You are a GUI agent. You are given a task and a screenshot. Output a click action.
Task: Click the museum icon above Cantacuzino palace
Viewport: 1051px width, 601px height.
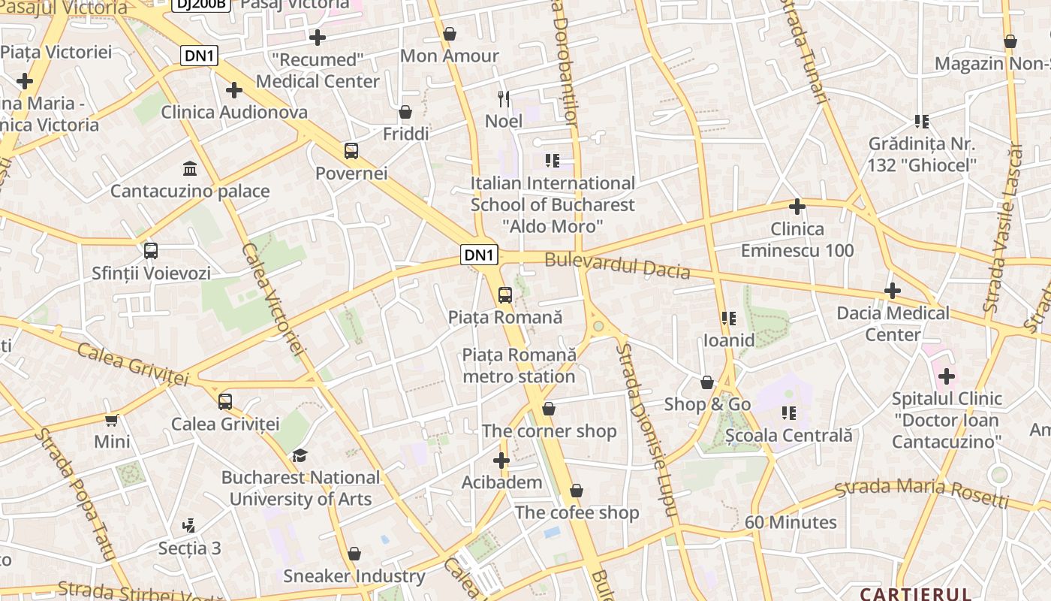click(190, 168)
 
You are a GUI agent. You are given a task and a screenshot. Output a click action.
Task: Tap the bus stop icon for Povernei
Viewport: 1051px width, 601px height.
click(351, 150)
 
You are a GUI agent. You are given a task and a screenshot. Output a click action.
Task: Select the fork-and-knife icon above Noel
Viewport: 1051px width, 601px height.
click(504, 98)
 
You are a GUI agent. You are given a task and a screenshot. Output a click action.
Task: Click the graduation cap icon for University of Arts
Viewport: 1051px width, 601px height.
click(300, 455)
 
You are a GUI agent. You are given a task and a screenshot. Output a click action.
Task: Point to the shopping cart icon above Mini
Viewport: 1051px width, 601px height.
click(112, 420)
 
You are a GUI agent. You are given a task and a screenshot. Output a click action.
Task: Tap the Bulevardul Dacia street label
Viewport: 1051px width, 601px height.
click(617, 265)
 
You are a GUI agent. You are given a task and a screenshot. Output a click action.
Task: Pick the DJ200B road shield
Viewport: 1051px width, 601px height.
click(200, 4)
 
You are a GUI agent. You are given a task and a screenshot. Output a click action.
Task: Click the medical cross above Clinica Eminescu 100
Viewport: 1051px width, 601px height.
click(797, 207)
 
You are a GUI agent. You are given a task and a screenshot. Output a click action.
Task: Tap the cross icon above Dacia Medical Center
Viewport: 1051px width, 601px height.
click(893, 291)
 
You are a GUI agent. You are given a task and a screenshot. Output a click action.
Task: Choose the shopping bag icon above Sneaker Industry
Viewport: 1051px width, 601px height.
click(354, 554)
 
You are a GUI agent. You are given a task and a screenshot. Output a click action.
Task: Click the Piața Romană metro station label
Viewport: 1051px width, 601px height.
click(519, 365)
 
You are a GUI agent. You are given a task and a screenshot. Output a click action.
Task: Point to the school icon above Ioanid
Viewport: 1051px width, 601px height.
click(728, 319)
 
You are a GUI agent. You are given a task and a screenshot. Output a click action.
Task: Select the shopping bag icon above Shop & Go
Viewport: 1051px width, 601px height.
click(707, 382)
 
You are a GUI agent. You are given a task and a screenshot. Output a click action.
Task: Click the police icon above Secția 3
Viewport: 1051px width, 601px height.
click(189, 526)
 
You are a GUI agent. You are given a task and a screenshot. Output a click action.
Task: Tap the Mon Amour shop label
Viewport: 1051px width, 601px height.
click(449, 56)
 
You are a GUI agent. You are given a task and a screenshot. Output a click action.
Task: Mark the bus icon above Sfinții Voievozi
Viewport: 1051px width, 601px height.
click(151, 251)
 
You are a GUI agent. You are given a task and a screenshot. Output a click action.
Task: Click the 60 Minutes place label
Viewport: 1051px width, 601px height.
click(791, 522)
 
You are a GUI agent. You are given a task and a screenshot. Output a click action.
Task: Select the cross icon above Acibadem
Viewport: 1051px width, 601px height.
click(501, 461)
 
